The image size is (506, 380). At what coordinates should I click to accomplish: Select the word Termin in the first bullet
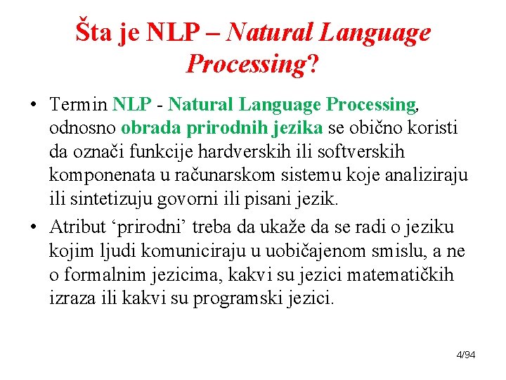click(79, 106)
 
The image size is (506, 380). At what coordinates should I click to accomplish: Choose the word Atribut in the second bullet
click(79, 227)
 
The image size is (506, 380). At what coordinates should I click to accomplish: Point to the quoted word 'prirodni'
click(148, 227)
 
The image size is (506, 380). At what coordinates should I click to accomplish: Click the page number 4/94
click(466, 355)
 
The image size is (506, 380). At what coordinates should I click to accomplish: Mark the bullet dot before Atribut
click(34, 228)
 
